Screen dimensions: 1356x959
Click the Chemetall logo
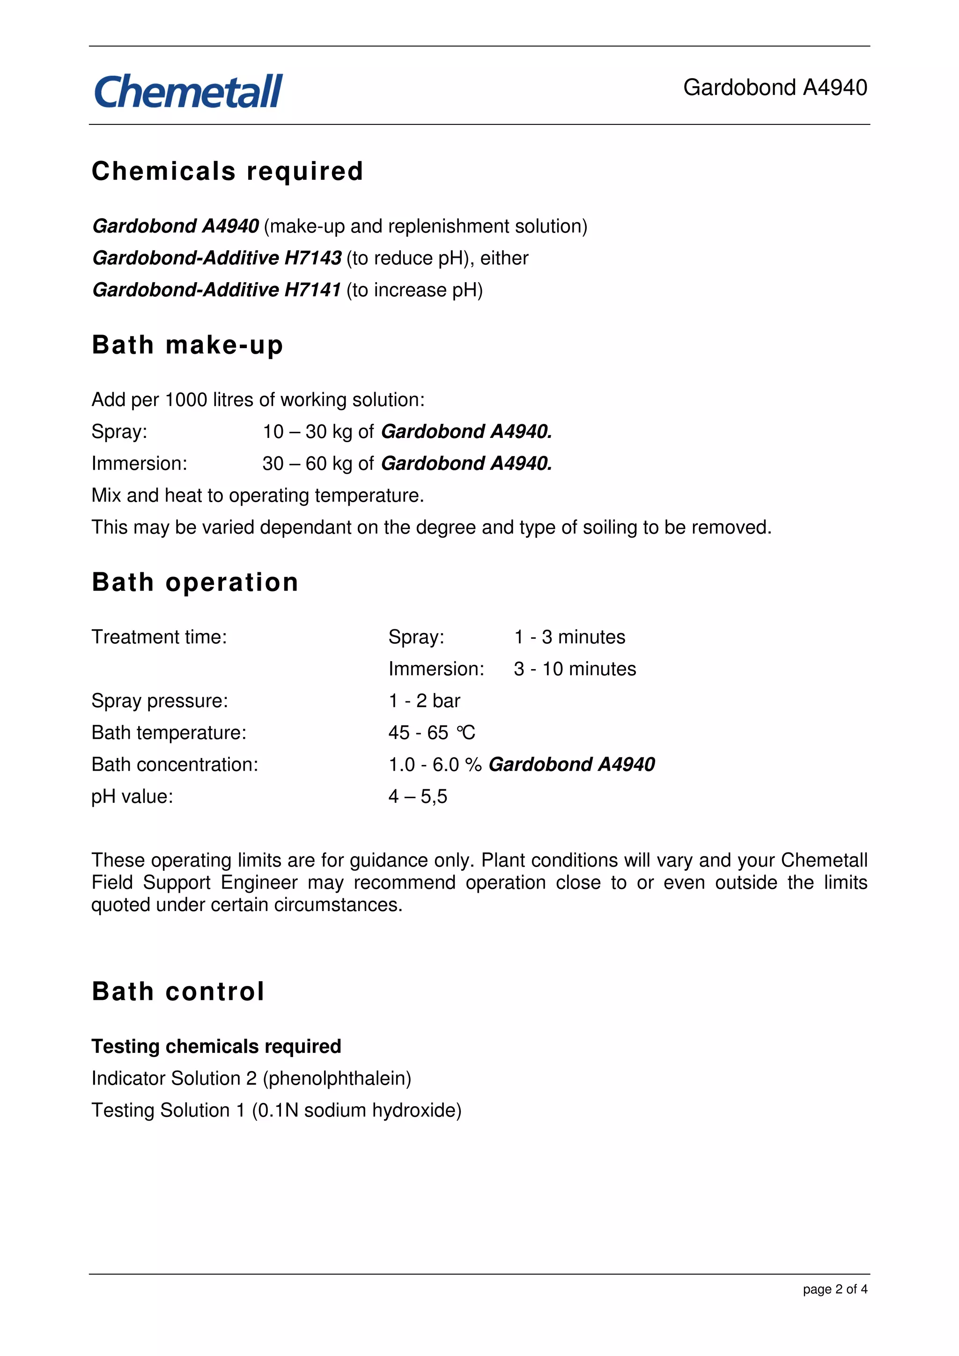tap(188, 92)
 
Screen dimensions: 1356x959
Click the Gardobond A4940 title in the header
tap(775, 87)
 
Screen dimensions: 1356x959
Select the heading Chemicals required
tap(227, 171)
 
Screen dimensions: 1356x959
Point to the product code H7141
tap(313, 290)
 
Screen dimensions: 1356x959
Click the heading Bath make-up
tap(187, 345)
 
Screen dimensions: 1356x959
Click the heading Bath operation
tap(195, 583)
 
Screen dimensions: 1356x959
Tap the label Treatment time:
tap(159, 637)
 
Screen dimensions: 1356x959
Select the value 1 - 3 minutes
tap(569, 637)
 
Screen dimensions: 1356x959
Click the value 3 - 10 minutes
tap(575, 669)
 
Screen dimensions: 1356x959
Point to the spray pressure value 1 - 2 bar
tap(424, 701)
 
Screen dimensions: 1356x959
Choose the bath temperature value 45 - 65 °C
tap(431, 733)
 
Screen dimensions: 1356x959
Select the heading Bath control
tap(178, 991)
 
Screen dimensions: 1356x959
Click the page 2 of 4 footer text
tap(834, 1289)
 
